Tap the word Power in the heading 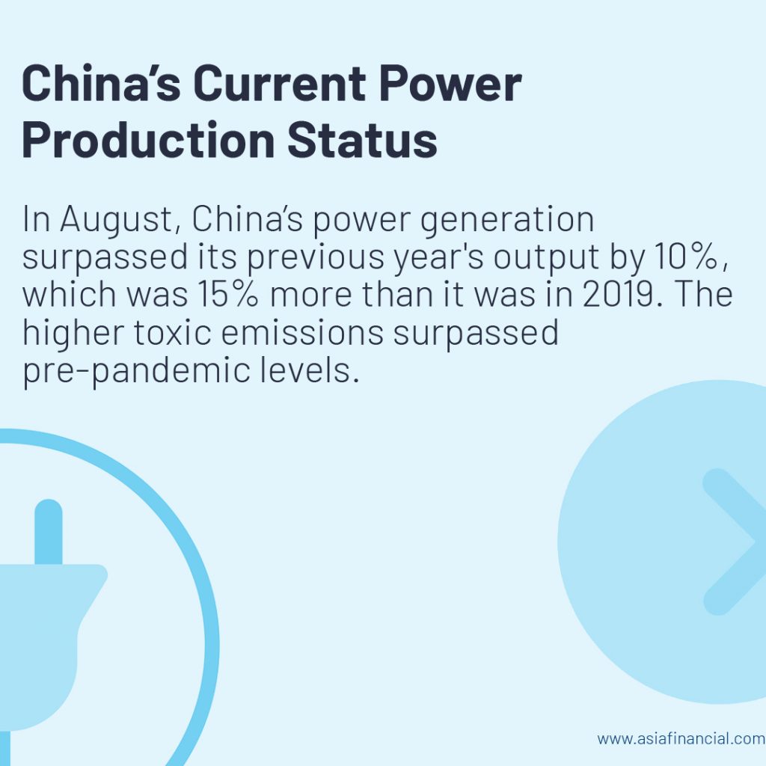pos(450,83)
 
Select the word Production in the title pos(148,140)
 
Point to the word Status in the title pos(362,140)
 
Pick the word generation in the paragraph pos(506,221)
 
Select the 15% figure pos(227,295)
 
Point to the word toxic pos(173,332)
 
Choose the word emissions pos(302,332)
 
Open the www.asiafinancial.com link pos(681,738)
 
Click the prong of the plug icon pos(49,532)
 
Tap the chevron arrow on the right pos(734,542)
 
